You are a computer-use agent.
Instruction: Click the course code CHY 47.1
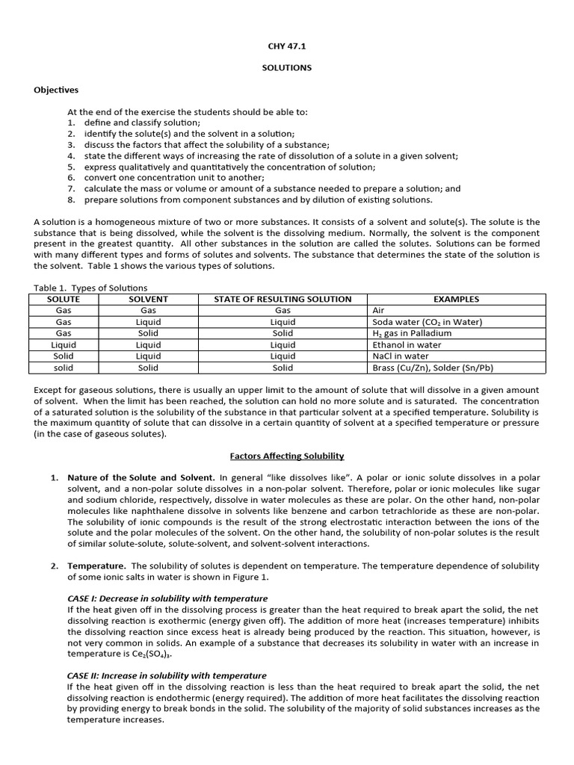[286, 46]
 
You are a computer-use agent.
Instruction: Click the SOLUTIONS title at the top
[286, 68]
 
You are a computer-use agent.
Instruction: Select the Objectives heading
[56, 90]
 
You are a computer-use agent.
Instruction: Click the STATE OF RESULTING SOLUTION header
[283, 299]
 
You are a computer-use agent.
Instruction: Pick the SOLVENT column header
[148, 299]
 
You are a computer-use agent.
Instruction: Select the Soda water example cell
[427, 322]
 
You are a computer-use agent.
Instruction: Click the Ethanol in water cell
[407, 345]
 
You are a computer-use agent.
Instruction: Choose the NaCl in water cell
[401, 356]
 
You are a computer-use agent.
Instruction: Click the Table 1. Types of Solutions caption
[91, 288]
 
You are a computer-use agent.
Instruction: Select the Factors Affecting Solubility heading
[286, 456]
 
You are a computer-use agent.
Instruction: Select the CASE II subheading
[167, 675]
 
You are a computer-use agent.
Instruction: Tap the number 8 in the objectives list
[71, 199]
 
